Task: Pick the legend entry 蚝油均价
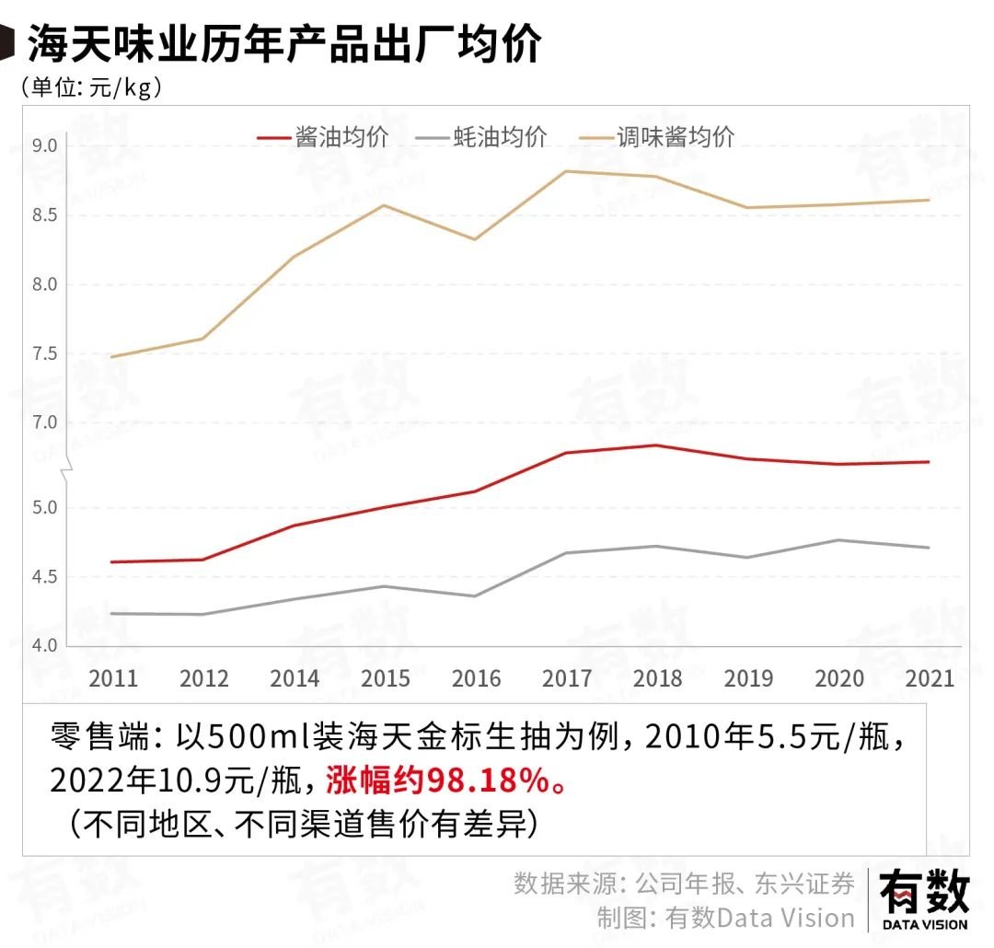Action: (480, 137)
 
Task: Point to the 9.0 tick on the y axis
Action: (44, 146)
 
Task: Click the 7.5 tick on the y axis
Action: (44, 354)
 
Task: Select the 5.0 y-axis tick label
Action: (44, 508)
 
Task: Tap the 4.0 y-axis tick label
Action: (44, 646)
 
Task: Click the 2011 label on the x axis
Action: (112, 679)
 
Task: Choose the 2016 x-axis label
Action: (476, 679)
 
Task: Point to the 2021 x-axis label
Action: (930, 679)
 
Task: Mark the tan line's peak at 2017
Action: (567, 171)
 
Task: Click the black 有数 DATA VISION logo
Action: (924, 899)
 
